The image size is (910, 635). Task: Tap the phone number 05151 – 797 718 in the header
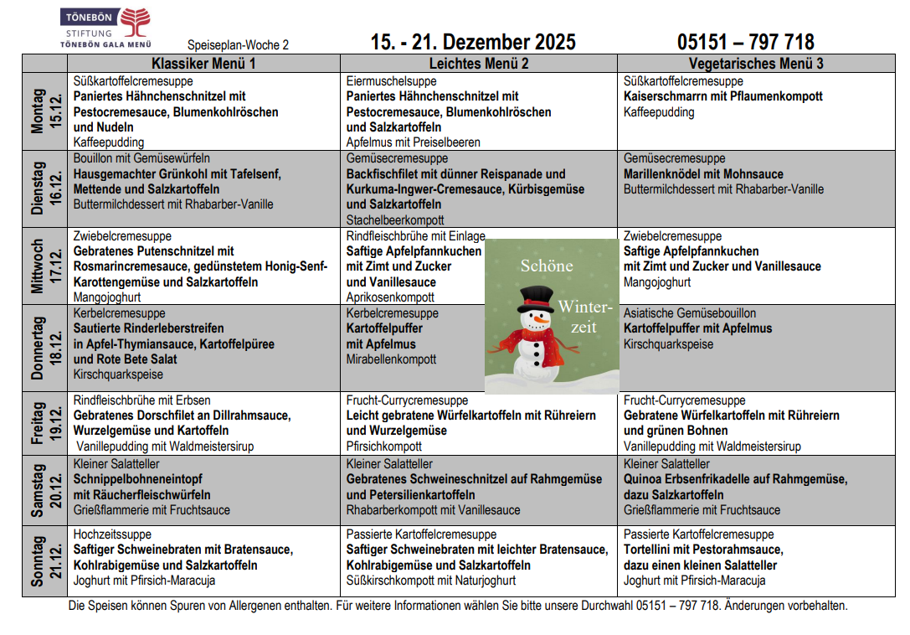click(745, 42)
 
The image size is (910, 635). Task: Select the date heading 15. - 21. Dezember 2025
click(473, 42)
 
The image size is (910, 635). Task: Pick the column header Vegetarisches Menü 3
click(755, 64)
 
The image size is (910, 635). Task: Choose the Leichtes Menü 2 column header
click(478, 64)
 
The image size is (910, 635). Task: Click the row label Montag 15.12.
click(45, 112)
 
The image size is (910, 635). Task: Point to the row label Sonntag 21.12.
click(45, 561)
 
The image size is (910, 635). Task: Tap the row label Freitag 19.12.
click(45, 424)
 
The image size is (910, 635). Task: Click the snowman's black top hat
click(535, 298)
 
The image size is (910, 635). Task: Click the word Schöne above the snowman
click(547, 266)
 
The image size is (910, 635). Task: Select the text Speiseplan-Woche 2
click(238, 45)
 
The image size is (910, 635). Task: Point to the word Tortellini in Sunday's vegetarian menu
click(651, 550)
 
